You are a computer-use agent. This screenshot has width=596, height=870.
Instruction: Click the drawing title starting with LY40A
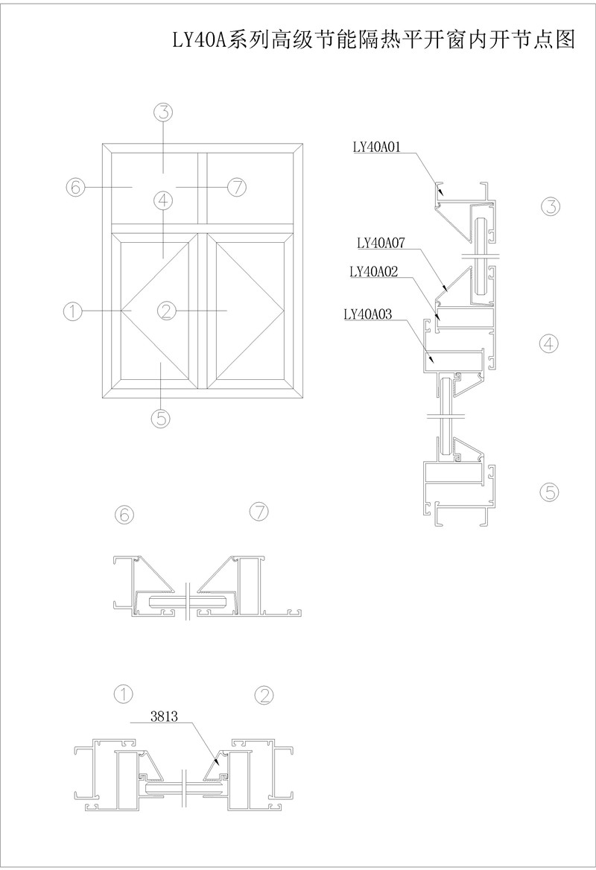pos(373,40)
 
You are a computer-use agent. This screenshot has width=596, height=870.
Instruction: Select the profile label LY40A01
pos(377,147)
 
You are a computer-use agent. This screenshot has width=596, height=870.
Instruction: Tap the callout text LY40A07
pos(381,243)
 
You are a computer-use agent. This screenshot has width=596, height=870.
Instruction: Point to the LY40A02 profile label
pos(373,271)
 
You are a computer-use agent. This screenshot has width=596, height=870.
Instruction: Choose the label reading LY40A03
pos(368,314)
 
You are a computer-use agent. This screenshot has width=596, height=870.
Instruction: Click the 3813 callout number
pos(164,717)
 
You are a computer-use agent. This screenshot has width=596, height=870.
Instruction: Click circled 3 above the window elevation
pos(162,112)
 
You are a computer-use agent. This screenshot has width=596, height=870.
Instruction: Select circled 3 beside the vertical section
pos(550,206)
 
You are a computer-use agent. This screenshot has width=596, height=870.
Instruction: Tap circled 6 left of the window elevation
pos(75,187)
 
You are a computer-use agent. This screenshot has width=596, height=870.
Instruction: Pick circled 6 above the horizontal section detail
pos(124,515)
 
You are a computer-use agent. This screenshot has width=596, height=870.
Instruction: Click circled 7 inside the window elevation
pos(237,188)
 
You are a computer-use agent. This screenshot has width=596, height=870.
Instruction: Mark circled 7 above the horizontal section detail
pos(259,512)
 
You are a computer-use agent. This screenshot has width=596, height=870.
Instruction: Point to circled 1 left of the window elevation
pos(73,311)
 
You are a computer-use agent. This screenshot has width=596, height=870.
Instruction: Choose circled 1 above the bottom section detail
pos(124,693)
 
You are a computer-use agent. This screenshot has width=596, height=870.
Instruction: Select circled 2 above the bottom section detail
pos(264,695)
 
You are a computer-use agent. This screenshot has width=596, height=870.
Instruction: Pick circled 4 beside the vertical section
pos(548,344)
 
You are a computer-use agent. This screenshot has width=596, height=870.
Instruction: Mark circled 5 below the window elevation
pos(160,418)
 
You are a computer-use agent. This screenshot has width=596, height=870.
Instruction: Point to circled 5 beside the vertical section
pos(549,492)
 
